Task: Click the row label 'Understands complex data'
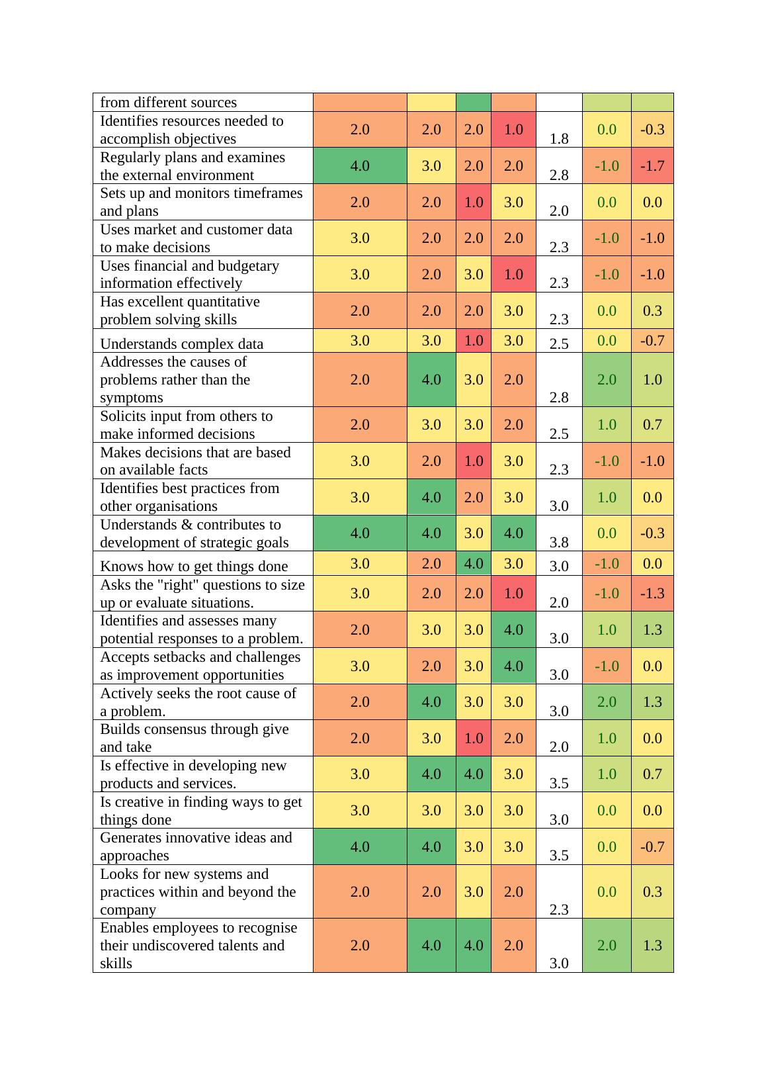pos(181,344)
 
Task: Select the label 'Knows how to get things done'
pos(194,566)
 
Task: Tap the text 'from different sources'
pos(168,103)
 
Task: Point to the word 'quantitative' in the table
pos(222,302)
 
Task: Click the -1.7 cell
pos(652,165)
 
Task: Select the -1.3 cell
pos(652,594)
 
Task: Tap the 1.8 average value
pos(559,139)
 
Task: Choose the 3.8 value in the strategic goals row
pos(559,543)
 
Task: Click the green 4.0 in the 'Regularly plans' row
pos(360,165)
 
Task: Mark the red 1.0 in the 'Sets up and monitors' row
pos(474,202)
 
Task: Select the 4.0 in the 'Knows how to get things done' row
pos(474,564)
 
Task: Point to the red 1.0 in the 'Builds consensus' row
pos(474,738)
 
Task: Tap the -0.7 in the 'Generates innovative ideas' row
pos(652,846)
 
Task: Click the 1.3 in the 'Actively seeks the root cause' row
pos(652,702)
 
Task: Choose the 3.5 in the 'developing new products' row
pos(559,784)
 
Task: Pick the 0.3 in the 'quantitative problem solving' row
pos(652,311)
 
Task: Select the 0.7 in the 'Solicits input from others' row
pos(652,425)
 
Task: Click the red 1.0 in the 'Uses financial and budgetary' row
pos(513,274)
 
